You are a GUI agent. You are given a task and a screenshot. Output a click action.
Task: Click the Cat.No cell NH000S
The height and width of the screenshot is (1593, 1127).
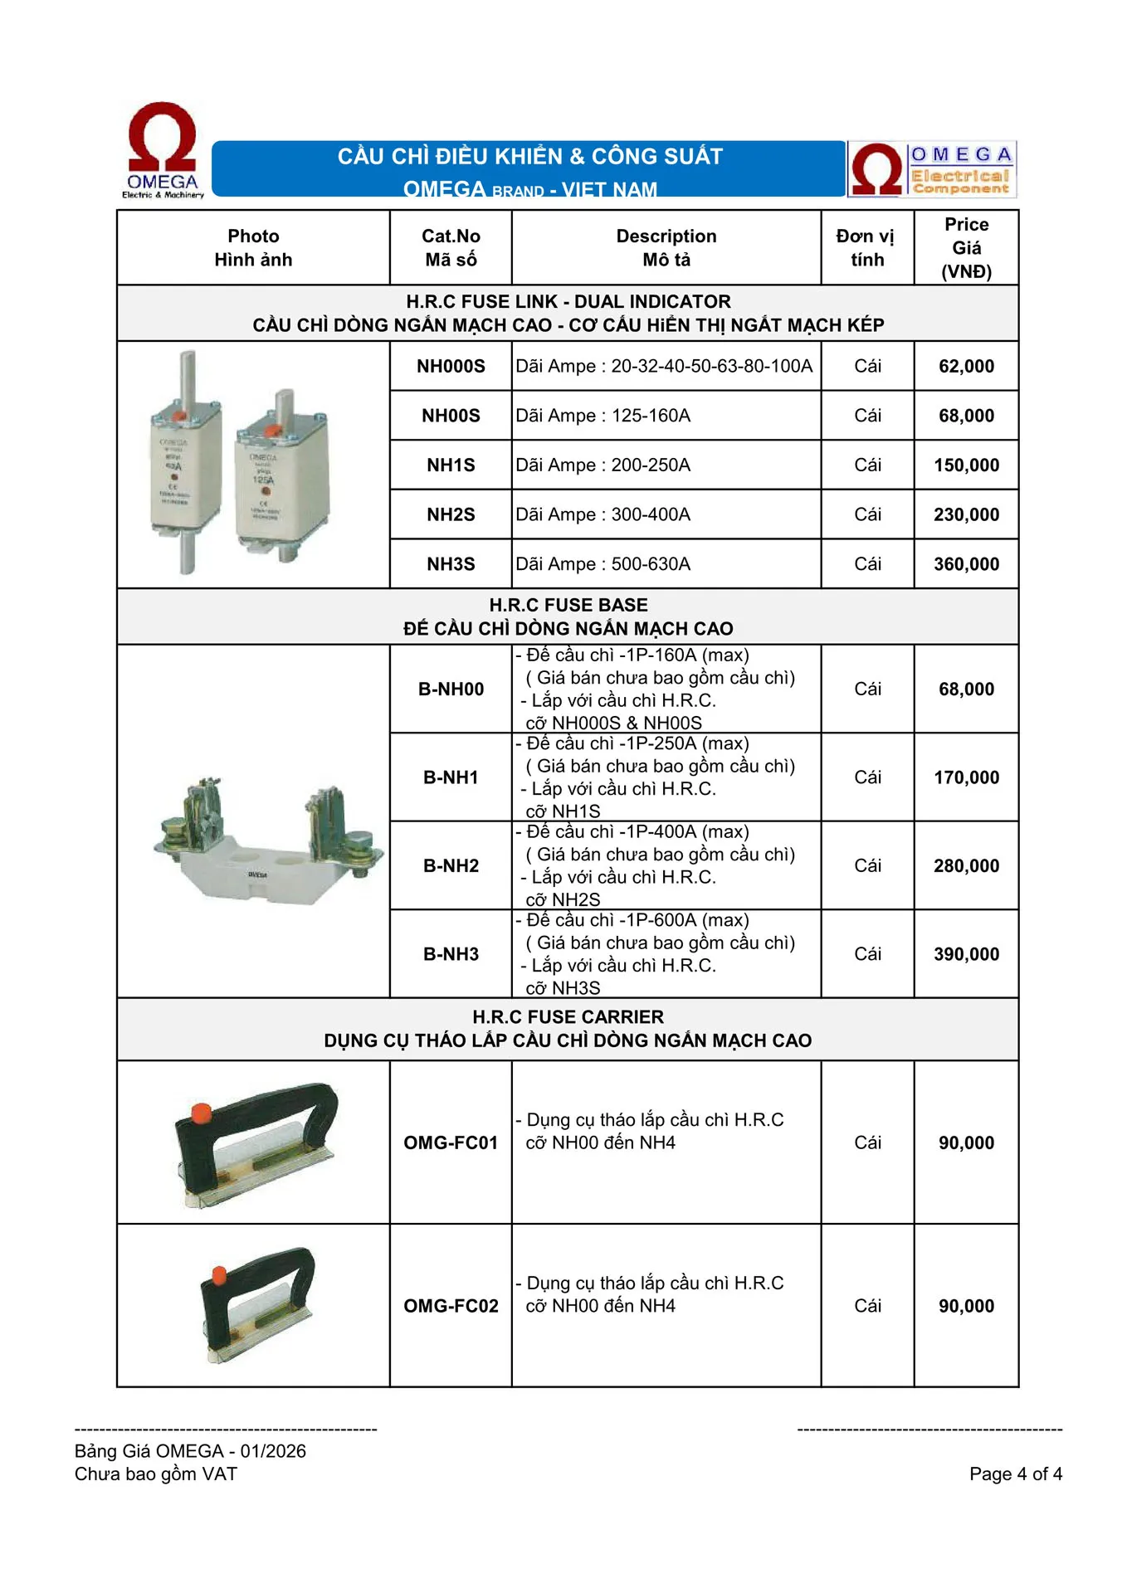pyautogui.click(x=451, y=366)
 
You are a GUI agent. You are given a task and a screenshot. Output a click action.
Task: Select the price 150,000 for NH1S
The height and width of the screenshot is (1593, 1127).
pyautogui.click(x=966, y=465)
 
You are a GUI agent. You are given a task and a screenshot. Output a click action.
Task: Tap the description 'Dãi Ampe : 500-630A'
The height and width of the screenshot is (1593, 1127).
pyautogui.click(x=603, y=564)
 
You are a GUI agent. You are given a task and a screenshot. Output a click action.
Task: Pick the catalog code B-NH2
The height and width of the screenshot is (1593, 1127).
pyautogui.click(x=451, y=865)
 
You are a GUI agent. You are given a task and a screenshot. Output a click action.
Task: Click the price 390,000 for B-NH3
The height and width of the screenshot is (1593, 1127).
pyautogui.click(x=966, y=954)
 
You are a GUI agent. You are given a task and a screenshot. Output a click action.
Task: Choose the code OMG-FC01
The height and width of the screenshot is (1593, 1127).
pyautogui.click(x=451, y=1142)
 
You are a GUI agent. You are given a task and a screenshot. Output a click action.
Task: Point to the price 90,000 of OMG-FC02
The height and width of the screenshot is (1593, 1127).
pyautogui.click(x=966, y=1306)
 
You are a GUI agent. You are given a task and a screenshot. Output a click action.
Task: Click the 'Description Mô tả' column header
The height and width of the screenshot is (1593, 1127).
pyautogui.click(x=666, y=247)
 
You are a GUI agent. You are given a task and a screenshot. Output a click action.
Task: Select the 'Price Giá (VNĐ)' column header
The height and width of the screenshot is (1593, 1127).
pyautogui.click(x=966, y=247)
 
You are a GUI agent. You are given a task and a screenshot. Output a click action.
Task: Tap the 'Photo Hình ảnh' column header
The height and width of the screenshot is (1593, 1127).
pyautogui.click(x=253, y=247)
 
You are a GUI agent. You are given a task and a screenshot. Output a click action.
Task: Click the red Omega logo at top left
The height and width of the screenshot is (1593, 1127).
pyautogui.click(x=163, y=149)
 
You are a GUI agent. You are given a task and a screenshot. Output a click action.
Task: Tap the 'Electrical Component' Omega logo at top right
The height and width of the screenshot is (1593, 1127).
pyautogui.click(x=932, y=169)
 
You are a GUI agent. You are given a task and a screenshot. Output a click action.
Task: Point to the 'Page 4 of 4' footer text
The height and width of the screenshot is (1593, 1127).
pyautogui.click(x=1015, y=1474)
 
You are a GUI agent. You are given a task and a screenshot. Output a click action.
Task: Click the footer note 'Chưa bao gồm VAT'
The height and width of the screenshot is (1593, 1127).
pyautogui.click(x=156, y=1474)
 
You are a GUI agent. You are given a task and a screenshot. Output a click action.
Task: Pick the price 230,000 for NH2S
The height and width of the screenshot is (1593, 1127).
pyautogui.click(x=966, y=514)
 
